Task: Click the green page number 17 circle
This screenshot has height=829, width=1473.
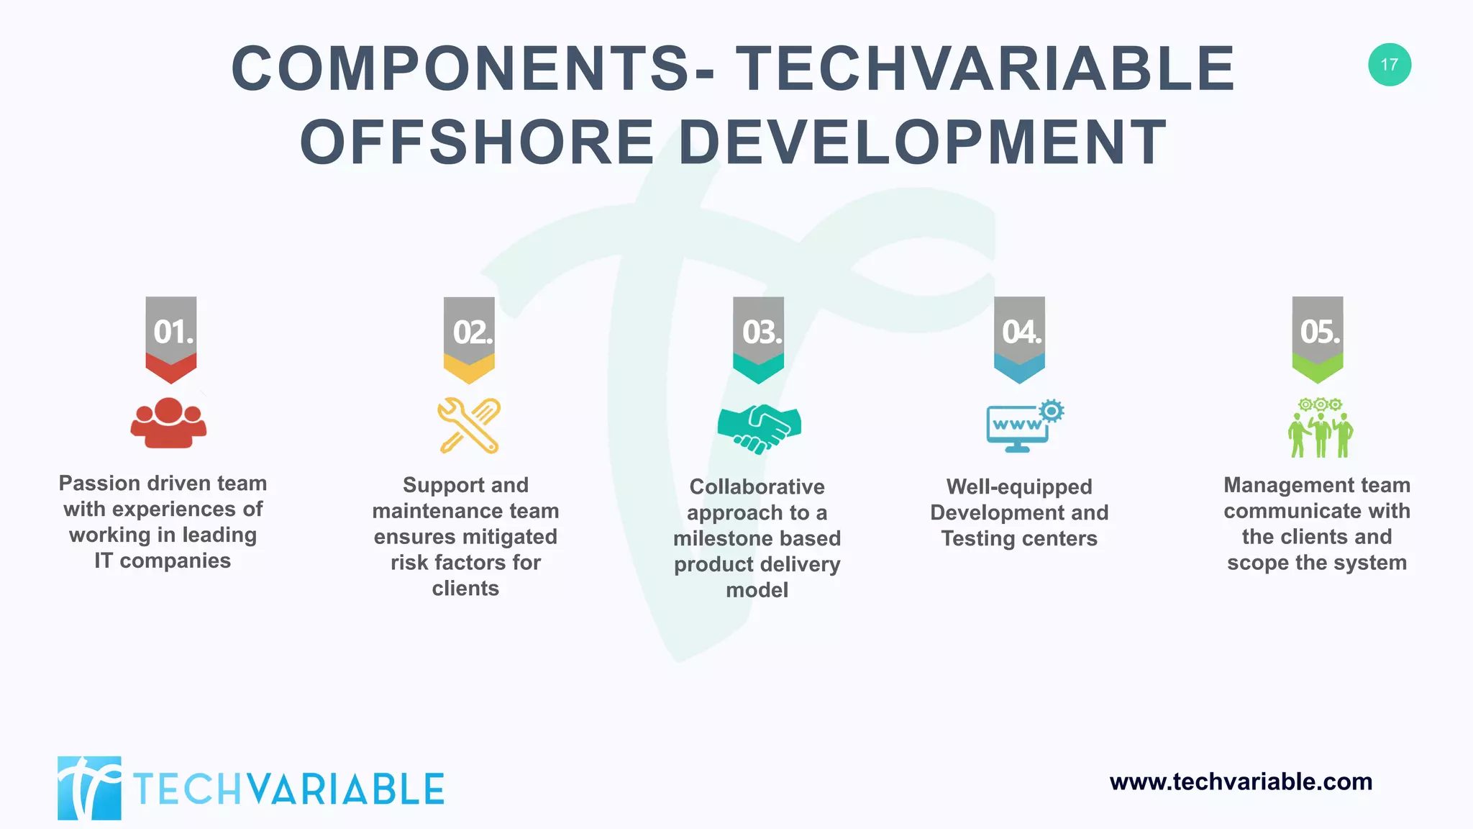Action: pos(1389,65)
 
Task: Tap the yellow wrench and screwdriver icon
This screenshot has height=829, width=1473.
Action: pos(469,425)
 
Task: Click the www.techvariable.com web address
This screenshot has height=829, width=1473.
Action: pos(1241,782)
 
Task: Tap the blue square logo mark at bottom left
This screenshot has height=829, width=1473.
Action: pos(89,788)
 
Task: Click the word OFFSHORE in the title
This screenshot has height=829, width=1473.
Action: pos(477,142)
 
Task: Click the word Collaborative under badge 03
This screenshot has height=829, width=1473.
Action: pos(757,487)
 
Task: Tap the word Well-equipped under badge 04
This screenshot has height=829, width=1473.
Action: pos(1018,487)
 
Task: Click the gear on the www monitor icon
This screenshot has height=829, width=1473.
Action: pos(1052,410)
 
